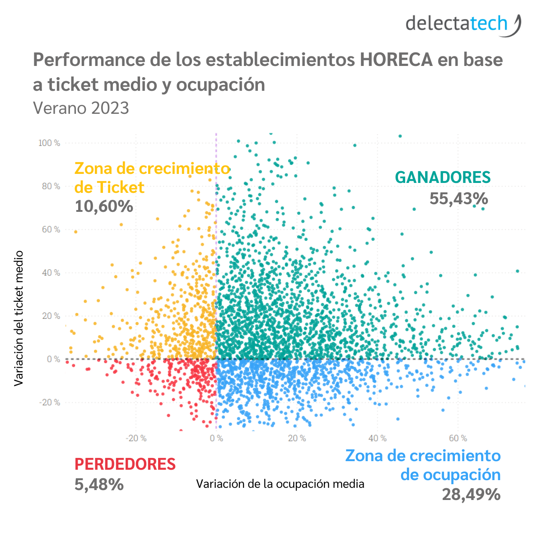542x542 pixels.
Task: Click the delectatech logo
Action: [463, 24]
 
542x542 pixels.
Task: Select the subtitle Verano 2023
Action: [81, 108]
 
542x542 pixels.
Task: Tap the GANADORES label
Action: [443, 178]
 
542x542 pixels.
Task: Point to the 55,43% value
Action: [458, 198]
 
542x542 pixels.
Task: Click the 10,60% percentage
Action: [104, 206]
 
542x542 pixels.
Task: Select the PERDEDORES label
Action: [125, 464]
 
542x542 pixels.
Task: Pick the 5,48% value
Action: [99, 485]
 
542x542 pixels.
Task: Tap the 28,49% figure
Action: [471, 495]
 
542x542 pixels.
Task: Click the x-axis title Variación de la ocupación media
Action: [280, 484]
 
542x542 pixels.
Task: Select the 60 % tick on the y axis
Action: [51, 229]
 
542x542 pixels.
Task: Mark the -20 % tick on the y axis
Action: [50, 402]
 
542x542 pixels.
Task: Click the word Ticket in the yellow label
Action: [121, 187]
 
